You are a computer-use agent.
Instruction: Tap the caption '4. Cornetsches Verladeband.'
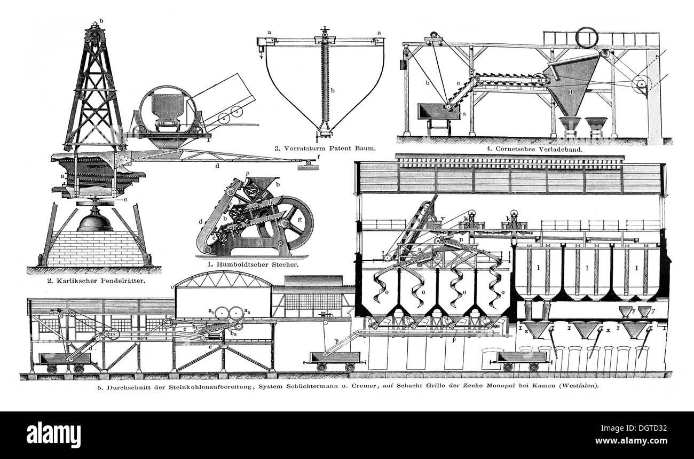(536, 150)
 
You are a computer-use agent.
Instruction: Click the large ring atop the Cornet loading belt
(588, 37)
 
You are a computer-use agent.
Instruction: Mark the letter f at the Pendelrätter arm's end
(319, 157)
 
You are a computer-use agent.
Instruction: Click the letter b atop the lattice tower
(101, 21)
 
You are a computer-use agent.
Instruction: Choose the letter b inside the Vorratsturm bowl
(333, 91)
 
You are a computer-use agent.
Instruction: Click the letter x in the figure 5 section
(608, 331)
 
